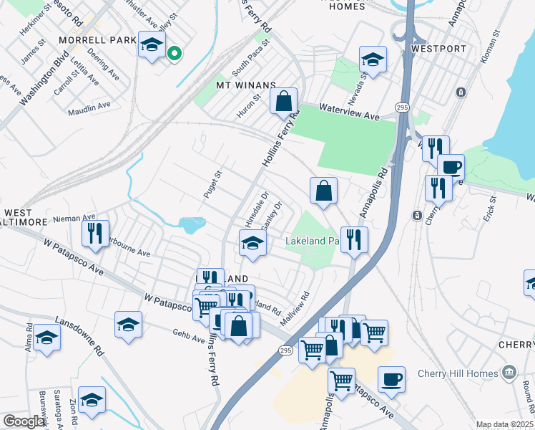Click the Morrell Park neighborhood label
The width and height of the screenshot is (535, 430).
point(97,40)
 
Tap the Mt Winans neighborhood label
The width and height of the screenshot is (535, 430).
point(245,85)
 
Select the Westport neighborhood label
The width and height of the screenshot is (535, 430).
point(439,49)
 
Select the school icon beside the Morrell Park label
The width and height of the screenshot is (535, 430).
point(151,45)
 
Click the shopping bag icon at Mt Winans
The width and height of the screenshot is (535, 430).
point(284,101)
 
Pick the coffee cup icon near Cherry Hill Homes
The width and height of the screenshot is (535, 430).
point(391,379)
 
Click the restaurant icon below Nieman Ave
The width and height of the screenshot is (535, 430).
point(95,233)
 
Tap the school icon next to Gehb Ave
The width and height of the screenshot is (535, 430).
point(128,324)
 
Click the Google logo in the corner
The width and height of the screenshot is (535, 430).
point(24,421)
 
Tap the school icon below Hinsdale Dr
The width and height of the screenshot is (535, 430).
point(252,244)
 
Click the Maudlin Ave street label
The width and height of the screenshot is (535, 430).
point(89,108)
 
